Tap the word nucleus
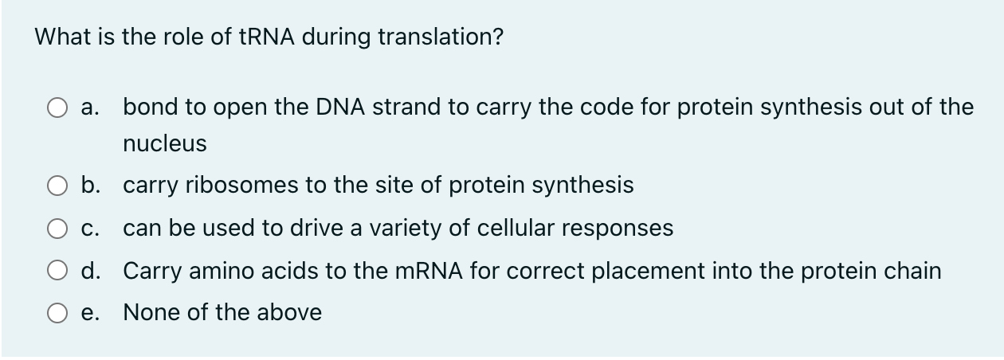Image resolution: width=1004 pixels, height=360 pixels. coord(165,144)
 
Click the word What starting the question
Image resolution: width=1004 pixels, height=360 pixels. coord(61,37)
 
